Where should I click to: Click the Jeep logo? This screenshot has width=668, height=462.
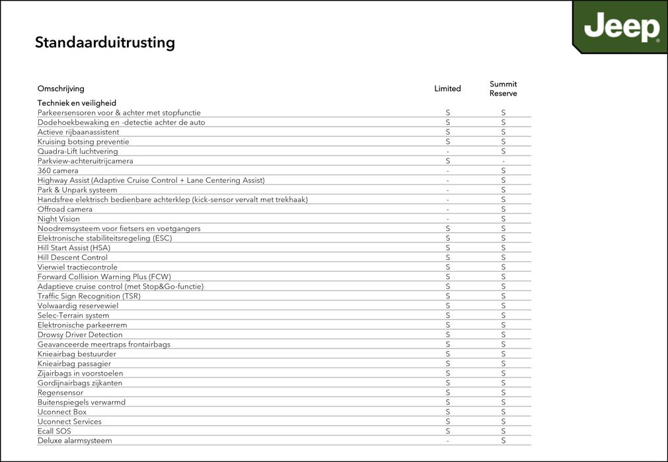click(x=621, y=28)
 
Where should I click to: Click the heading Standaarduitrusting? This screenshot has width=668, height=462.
click(x=104, y=43)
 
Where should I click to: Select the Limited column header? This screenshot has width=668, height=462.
click(x=447, y=88)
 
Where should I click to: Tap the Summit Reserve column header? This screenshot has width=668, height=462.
click(x=503, y=88)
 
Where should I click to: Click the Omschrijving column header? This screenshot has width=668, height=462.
click(x=61, y=88)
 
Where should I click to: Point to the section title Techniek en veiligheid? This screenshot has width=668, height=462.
click(x=77, y=103)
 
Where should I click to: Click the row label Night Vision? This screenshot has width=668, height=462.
click(x=59, y=219)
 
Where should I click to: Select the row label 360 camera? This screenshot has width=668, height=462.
click(x=57, y=171)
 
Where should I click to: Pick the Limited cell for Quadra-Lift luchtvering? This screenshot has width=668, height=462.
click(x=447, y=152)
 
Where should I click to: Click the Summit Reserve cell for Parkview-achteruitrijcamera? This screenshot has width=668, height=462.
click(x=503, y=161)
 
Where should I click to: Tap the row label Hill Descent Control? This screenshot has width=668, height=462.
click(x=73, y=257)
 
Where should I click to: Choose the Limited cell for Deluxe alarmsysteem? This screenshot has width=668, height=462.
click(x=447, y=441)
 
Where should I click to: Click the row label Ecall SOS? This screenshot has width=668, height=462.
click(x=54, y=431)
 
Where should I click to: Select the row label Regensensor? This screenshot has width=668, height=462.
click(x=60, y=393)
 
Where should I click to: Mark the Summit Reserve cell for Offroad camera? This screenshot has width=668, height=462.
click(x=503, y=209)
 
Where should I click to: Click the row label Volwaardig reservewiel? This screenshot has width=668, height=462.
click(x=78, y=306)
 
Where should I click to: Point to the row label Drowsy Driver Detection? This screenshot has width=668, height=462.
click(x=80, y=335)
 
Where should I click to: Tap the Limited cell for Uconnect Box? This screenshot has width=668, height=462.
click(x=447, y=412)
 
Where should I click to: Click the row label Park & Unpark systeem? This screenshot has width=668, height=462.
click(x=77, y=190)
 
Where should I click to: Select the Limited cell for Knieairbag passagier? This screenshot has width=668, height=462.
click(x=447, y=364)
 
